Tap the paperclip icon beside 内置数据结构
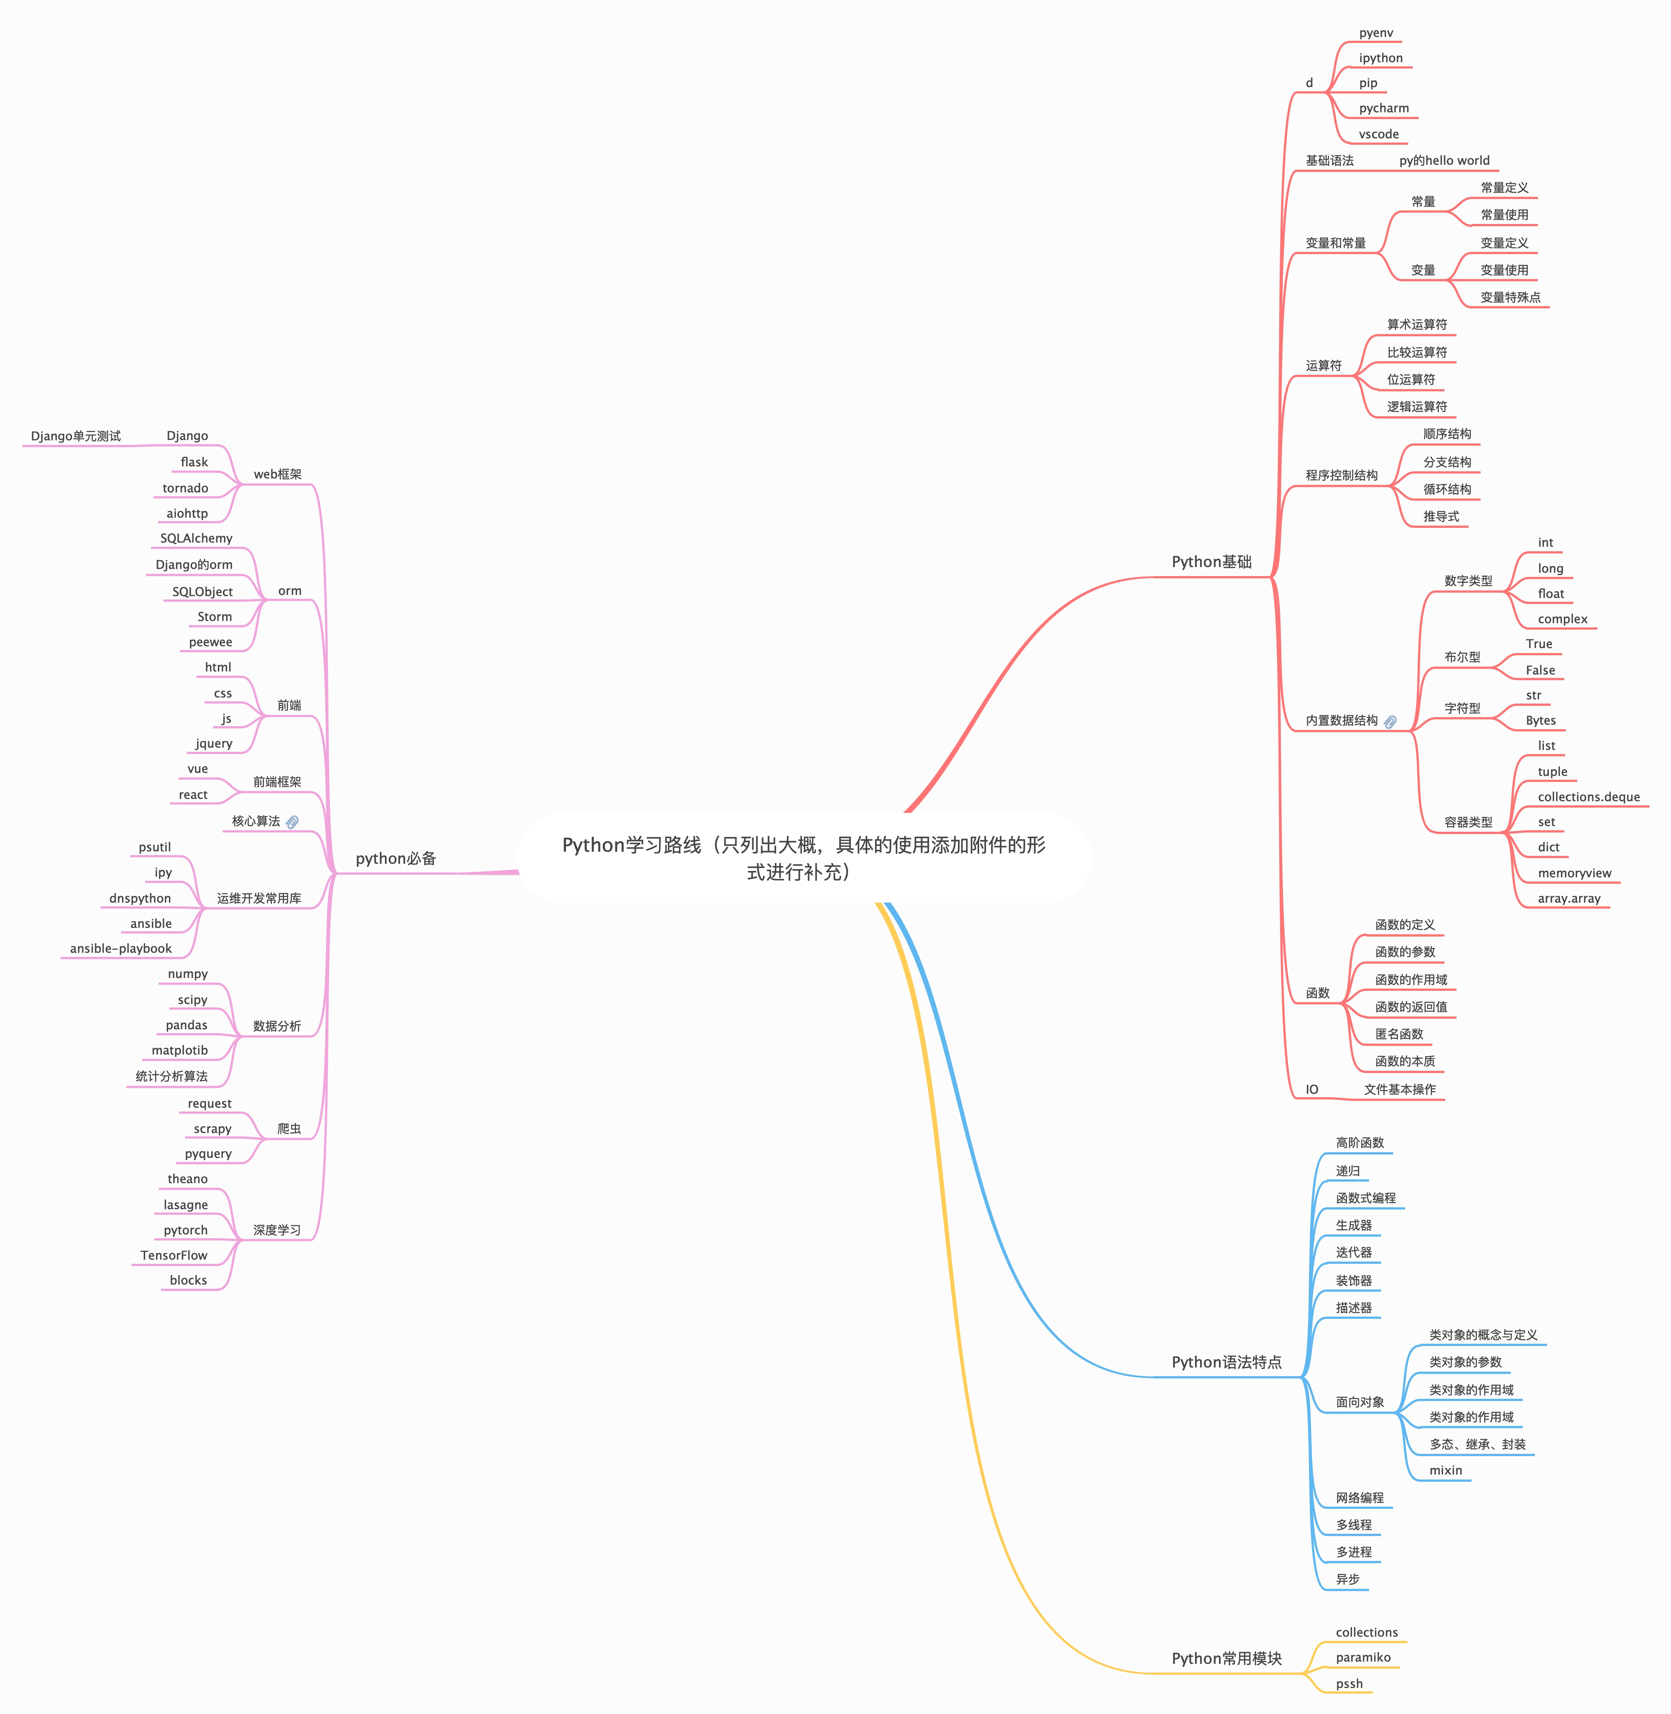point(1390,721)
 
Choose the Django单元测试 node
point(77,436)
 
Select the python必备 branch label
point(396,858)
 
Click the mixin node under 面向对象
point(1446,1470)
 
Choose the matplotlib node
point(180,1050)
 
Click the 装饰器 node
point(1353,1280)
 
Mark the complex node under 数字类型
point(1562,619)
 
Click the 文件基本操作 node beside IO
point(1400,1089)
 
